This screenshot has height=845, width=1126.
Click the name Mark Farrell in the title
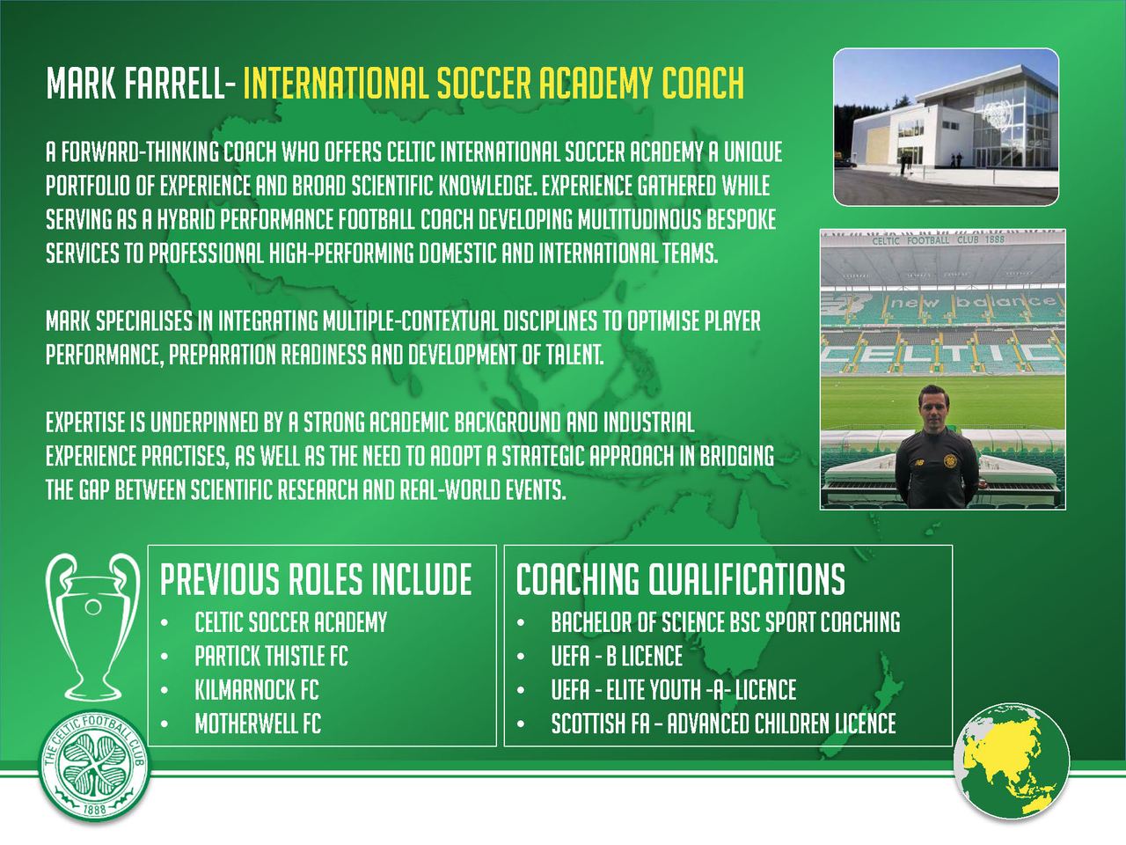135,83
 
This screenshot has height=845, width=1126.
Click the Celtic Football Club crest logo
94,767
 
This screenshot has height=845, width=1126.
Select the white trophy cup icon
92,627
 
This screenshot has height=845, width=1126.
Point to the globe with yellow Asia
1012,761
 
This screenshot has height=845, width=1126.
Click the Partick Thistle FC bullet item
271,657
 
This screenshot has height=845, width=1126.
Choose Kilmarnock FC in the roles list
257,690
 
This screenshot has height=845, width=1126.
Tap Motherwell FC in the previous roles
258,724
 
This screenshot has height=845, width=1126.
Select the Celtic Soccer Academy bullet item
291,622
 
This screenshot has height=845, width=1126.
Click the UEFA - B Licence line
618,657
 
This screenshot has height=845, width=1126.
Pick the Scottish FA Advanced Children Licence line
724,724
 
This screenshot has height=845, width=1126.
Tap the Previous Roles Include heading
316,579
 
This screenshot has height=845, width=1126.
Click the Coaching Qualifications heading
680,579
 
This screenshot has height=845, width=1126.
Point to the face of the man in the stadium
934,411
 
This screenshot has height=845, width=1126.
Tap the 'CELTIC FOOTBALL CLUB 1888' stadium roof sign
939,240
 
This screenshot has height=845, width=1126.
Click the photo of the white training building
946,128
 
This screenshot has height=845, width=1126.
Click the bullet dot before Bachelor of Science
521,623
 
